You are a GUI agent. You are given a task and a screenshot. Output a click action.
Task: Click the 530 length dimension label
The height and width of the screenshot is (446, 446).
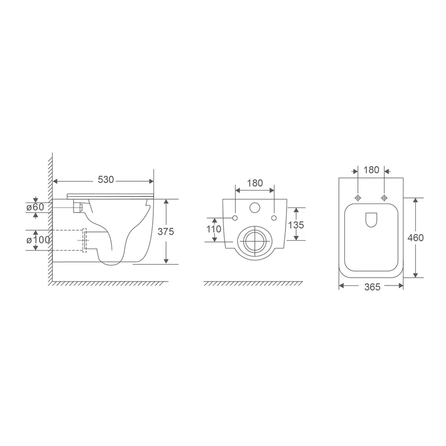pos(106,180)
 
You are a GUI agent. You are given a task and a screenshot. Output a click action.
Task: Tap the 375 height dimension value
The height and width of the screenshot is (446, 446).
pos(166,232)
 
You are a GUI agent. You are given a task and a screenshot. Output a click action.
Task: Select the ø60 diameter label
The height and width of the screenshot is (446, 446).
pos(35,207)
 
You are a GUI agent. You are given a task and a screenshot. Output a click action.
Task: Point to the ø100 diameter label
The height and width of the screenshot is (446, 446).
pos(38,240)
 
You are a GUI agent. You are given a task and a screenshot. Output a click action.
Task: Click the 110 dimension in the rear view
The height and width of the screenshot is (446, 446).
pos(214,229)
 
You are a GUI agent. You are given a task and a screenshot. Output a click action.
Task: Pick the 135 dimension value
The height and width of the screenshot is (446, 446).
pos(296,225)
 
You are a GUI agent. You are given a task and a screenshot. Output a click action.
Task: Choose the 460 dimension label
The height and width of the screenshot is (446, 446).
pos(415,237)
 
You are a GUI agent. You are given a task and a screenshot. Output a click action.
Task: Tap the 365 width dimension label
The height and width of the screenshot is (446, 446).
pos(372,287)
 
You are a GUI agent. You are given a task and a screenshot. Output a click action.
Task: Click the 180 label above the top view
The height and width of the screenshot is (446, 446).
pos(371,170)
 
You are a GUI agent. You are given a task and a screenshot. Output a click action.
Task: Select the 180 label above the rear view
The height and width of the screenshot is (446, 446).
pos(255,183)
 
